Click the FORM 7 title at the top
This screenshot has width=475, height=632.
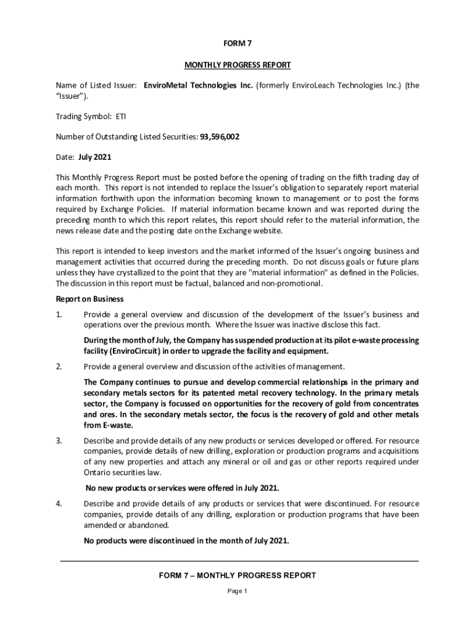(238, 44)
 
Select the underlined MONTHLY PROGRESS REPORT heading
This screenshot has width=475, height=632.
(238, 65)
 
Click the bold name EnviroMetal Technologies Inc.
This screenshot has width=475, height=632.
(198, 85)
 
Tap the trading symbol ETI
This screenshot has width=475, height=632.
(120, 116)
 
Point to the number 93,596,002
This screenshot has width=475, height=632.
(220, 137)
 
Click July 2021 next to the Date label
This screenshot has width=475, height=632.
(94, 157)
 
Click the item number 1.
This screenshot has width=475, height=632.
(59, 315)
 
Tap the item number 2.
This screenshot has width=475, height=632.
(59, 367)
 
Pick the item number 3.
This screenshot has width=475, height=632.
(59, 441)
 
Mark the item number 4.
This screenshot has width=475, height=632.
(59, 504)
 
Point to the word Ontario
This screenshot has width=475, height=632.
(98, 472)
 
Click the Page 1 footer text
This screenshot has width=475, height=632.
(238, 591)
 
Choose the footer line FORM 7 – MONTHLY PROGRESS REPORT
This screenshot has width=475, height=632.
(238, 575)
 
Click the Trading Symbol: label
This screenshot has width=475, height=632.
(83, 116)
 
